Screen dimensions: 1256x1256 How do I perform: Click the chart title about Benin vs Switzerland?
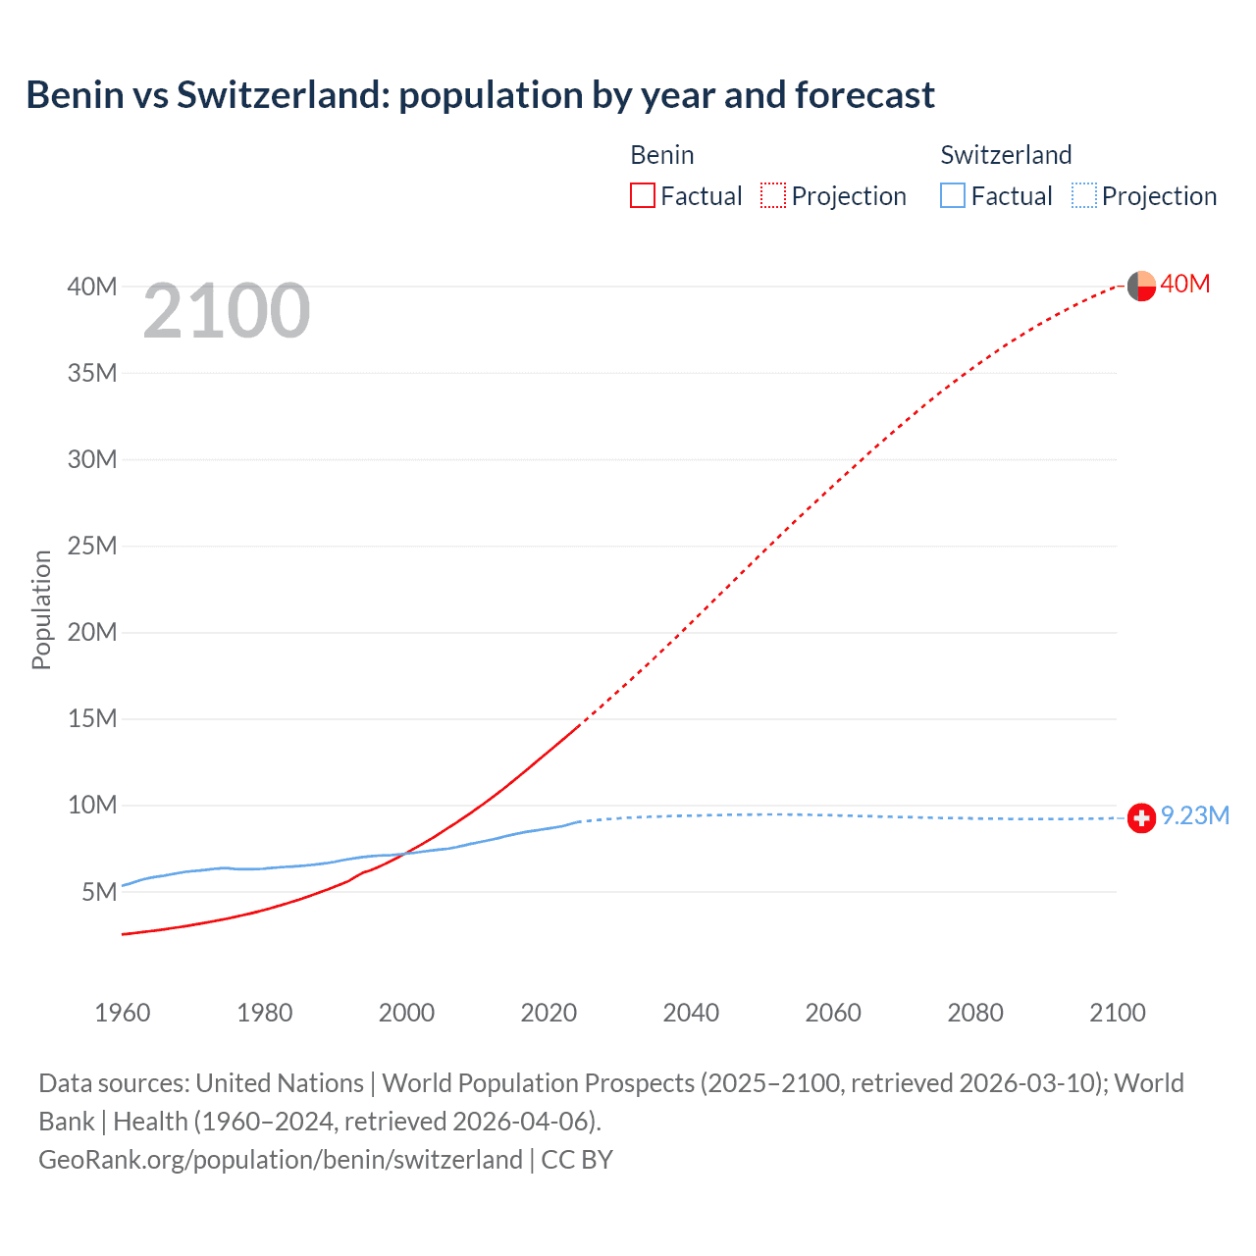tap(480, 95)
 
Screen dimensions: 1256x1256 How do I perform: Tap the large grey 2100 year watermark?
tap(227, 311)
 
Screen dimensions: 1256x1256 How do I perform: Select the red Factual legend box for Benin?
tap(643, 195)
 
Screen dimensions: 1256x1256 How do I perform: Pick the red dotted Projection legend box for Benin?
tap(773, 195)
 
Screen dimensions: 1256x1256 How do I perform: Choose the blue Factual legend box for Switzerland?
tap(953, 195)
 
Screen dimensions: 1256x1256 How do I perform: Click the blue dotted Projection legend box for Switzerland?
tap(1084, 195)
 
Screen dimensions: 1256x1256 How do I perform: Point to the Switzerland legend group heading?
tap(1006, 155)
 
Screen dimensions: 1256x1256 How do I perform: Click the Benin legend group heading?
tap(662, 155)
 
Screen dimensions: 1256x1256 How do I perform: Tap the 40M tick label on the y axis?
tap(92, 287)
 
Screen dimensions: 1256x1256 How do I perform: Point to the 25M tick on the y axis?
tap(92, 546)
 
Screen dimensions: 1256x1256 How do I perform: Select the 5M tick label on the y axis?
tap(99, 892)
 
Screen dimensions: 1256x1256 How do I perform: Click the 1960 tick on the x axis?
tap(123, 1013)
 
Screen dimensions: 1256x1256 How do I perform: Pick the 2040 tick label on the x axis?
tap(691, 1013)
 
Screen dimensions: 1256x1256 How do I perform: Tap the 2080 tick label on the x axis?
tap(975, 1013)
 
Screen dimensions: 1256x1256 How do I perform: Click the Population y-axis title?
tap(41, 609)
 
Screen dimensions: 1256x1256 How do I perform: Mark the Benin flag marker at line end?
tap(1141, 287)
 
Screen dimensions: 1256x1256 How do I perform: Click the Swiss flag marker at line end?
tap(1141, 817)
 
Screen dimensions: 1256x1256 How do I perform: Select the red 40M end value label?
tap(1185, 284)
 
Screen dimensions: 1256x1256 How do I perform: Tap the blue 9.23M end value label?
tap(1195, 815)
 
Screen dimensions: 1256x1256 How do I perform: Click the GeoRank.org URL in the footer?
tap(281, 1159)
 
